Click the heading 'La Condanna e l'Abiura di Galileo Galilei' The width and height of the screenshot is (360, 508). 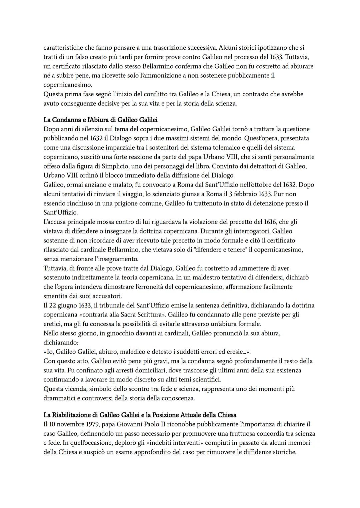[x=100, y=120]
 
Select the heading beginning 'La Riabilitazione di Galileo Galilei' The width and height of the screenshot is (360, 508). [x=140, y=415]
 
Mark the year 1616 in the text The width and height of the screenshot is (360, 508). [x=272, y=222]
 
